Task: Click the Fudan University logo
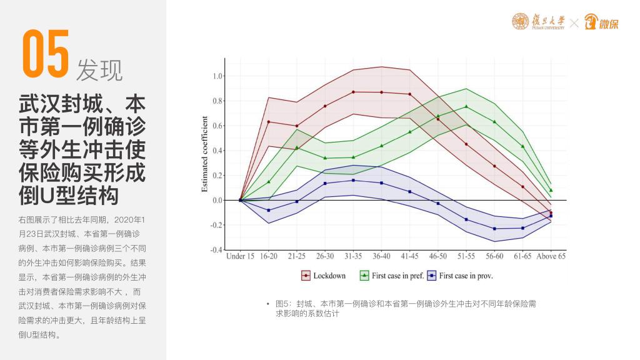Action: click(x=537, y=22)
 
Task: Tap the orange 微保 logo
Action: click(x=601, y=23)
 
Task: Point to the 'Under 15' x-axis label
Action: click(x=241, y=256)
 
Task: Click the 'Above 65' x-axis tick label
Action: click(x=551, y=256)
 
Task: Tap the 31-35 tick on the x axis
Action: click(x=353, y=256)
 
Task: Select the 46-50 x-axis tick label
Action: click(x=437, y=256)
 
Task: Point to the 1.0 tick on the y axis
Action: click(x=217, y=76)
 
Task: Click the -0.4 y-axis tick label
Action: click(x=216, y=250)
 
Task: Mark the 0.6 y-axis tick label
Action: click(x=217, y=126)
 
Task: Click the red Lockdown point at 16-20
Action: click(x=269, y=122)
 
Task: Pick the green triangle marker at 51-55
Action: click(x=466, y=106)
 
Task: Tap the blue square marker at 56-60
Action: click(x=494, y=229)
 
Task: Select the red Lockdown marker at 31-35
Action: click(x=353, y=92)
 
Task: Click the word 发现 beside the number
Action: click(x=99, y=70)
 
